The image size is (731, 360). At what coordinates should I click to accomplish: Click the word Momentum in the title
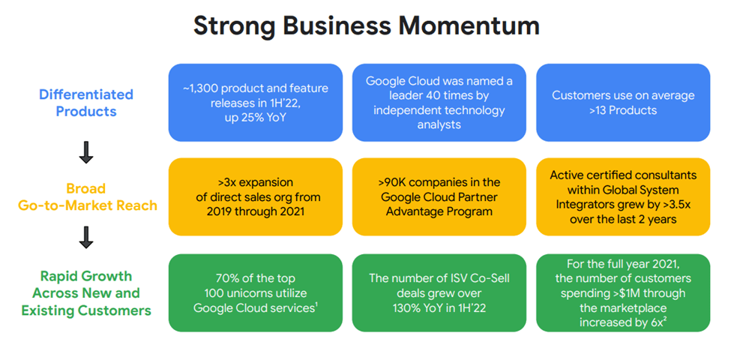pyautogui.click(x=469, y=25)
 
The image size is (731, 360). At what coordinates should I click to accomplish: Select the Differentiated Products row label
pyautogui.click(x=86, y=103)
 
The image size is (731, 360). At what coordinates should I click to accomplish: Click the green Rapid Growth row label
pyautogui.click(x=86, y=292)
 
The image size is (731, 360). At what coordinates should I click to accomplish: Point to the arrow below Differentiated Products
pyautogui.click(x=86, y=153)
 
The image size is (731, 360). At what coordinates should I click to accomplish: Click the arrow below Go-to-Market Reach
pyautogui.click(x=86, y=238)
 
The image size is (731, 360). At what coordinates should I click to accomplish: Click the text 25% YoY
pyautogui.click(x=267, y=118)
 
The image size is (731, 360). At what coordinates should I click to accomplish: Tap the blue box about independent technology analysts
pyautogui.click(x=439, y=103)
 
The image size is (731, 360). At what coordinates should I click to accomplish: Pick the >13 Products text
pyautogui.click(x=623, y=110)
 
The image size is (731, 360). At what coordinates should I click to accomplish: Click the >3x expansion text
pyautogui.click(x=255, y=182)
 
